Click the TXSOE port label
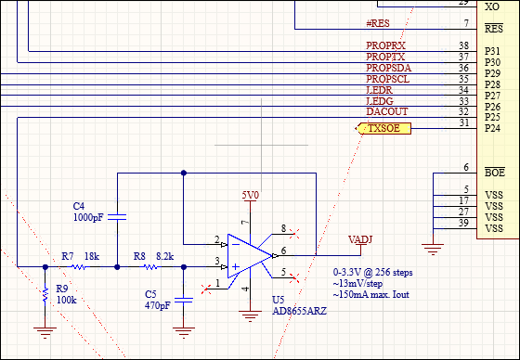pyautogui.click(x=383, y=129)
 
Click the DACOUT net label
pyautogui.click(x=387, y=111)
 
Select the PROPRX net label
pyautogui.click(x=386, y=45)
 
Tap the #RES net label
pyautogui.click(x=379, y=22)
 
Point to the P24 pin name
pyautogui.click(x=493, y=128)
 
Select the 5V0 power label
pyautogui.click(x=251, y=196)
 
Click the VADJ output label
pyautogui.click(x=360, y=239)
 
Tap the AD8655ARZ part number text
pyautogui.click(x=299, y=312)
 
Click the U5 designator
pyautogui.click(x=278, y=300)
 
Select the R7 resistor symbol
pyautogui.click(x=78, y=267)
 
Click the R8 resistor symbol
pyautogui.click(x=150, y=267)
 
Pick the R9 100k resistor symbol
pyautogui.click(x=45, y=295)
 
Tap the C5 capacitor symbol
pyautogui.click(x=184, y=299)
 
